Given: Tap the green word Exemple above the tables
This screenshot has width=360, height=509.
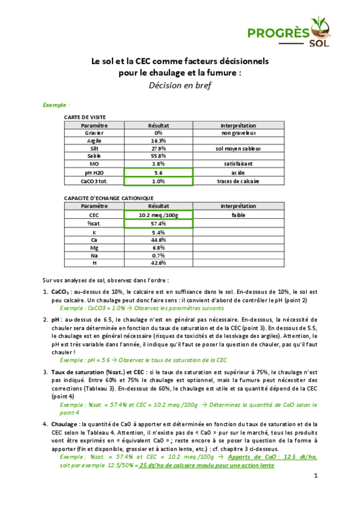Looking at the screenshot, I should (x=55, y=105).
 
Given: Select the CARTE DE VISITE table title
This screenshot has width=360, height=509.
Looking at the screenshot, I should (x=85, y=117).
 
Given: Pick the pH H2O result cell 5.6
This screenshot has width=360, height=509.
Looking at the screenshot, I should (x=158, y=172).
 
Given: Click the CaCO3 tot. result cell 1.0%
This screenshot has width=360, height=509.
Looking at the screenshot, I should (x=158, y=181).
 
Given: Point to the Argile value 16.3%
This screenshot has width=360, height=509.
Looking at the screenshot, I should (x=158, y=141).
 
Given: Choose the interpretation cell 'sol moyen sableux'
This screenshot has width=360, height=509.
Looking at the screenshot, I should (x=238, y=148).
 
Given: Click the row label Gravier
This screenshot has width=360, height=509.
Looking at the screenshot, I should (x=94, y=133).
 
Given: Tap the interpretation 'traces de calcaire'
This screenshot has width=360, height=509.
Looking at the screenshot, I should (x=238, y=181).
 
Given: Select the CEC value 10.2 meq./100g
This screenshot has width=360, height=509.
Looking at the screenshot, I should (x=158, y=215).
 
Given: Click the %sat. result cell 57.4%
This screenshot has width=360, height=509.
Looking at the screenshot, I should (x=158, y=223).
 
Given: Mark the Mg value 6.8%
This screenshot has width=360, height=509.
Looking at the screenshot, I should (x=158, y=248).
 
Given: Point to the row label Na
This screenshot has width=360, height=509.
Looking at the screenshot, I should (x=94, y=255).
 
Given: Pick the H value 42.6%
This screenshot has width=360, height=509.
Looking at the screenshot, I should (x=158, y=263).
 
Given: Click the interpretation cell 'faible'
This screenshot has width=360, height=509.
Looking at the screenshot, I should (x=238, y=215).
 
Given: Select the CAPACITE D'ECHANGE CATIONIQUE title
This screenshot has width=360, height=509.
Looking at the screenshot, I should (x=109, y=198).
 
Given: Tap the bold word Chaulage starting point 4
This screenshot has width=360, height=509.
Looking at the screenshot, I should (x=64, y=424).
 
